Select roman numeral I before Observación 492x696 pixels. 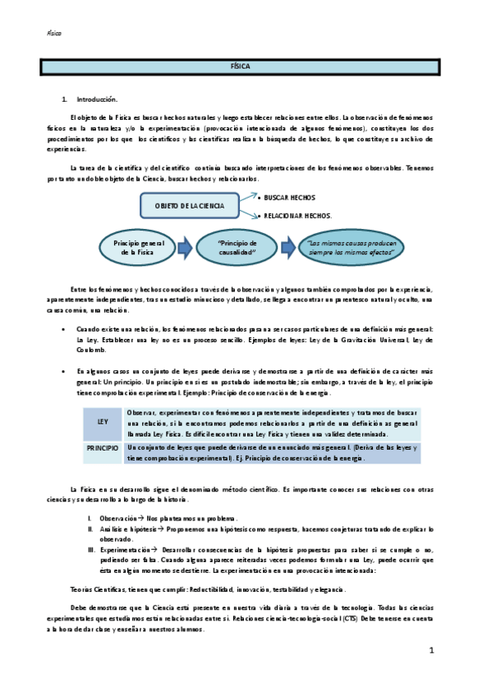pos(90,520)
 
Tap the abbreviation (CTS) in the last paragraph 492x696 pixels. pos(351,619)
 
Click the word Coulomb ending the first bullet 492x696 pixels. pos(90,349)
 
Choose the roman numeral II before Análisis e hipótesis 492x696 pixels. pos(90,530)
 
